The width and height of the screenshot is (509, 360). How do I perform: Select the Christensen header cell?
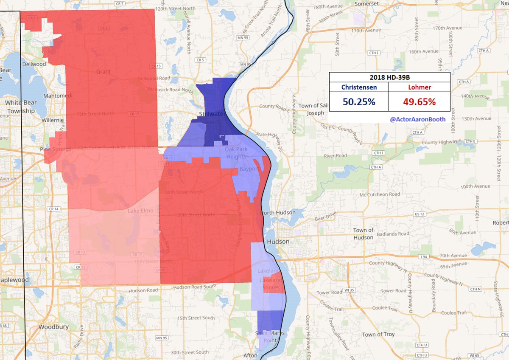(359, 87)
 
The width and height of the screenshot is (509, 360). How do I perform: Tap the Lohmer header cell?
(419, 87)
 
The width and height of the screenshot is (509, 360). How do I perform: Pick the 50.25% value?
(359, 102)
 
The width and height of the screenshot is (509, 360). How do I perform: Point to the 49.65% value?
(419, 102)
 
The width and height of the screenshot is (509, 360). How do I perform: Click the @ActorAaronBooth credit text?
(417, 119)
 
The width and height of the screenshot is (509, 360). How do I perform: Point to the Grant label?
(103, 72)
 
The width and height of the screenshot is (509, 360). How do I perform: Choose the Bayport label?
(249, 169)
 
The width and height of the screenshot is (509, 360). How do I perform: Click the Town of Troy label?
(378, 334)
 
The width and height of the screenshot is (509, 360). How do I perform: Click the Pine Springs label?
(54, 149)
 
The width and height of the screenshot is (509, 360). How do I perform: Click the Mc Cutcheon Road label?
(380, 194)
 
